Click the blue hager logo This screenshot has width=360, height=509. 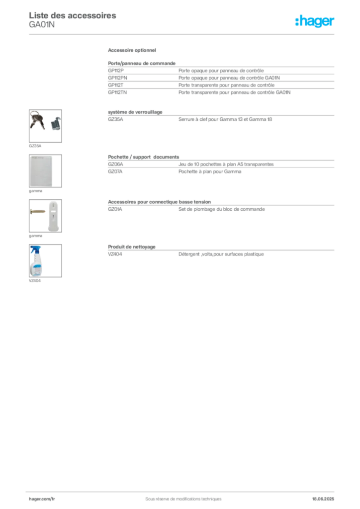click(315, 21)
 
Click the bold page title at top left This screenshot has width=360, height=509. click(87, 15)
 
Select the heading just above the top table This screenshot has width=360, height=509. click(133, 51)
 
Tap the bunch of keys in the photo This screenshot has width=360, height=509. click(37, 120)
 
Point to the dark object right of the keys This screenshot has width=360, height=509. click(55, 122)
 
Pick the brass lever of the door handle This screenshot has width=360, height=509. click(37, 212)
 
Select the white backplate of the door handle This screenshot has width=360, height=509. click(53, 216)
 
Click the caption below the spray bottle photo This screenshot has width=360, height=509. click(35, 283)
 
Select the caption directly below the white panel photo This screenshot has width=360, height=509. click(35, 191)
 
